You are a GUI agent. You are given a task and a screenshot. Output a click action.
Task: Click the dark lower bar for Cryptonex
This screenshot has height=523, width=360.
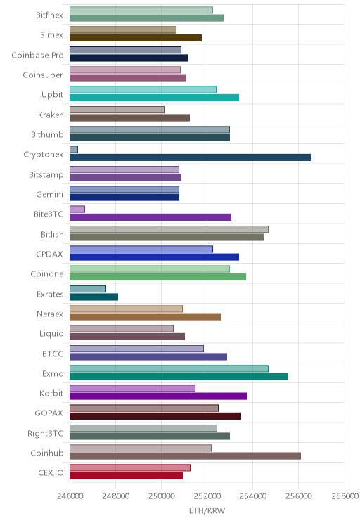pyautogui.click(x=191, y=157)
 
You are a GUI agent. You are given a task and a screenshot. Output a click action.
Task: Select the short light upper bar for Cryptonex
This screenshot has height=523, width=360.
pyautogui.click(x=74, y=150)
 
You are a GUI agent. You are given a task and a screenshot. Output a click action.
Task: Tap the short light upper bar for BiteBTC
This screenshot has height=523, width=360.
pyautogui.click(x=77, y=209)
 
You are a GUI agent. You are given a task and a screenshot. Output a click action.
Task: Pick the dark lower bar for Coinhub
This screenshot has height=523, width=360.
pyautogui.click(x=185, y=456)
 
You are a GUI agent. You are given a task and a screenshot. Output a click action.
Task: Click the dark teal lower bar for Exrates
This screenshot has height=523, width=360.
pyautogui.click(x=94, y=297)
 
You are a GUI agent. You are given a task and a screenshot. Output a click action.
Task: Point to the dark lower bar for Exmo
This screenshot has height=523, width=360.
pyautogui.click(x=179, y=377)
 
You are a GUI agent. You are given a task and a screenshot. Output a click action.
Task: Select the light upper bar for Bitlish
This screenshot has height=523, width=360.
pyautogui.click(x=169, y=229)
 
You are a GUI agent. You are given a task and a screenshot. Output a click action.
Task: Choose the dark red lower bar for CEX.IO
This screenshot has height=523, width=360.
pyautogui.click(x=126, y=476)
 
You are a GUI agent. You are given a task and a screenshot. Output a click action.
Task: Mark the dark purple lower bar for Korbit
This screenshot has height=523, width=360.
pyautogui.click(x=158, y=396)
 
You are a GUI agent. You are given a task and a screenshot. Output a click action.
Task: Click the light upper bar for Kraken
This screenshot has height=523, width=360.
pyautogui.click(x=117, y=110)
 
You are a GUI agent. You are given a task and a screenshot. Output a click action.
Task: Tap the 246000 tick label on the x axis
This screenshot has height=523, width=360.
pyautogui.click(x=70, y=496)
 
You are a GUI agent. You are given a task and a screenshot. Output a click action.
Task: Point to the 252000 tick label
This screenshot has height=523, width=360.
pyautogui.click(x=207, y=496)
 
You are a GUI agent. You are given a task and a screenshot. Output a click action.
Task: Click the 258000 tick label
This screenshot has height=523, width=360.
pyautogui.click(x=345, y=496)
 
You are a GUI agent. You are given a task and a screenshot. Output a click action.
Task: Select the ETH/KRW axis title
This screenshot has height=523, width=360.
pyautogui.click(x=207, y=510)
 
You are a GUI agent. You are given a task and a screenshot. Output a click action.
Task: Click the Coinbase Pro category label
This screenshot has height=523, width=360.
pyautogui.click(x=37, y=55)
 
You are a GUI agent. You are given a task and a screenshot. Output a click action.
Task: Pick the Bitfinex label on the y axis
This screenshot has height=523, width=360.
pyautogui.click(x=49, y=15)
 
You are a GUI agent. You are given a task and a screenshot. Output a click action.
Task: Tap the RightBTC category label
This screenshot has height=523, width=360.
pyautogui.click(x=46, y=433)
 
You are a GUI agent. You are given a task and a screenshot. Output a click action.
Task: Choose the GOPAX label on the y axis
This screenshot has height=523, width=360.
pyautogui.click(x=49, y=413)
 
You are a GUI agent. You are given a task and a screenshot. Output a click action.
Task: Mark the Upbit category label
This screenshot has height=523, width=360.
pyautogui.click(x=52, y=95)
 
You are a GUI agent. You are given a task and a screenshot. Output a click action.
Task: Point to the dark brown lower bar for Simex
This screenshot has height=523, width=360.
pyautogui.click(x=136, y=38)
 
